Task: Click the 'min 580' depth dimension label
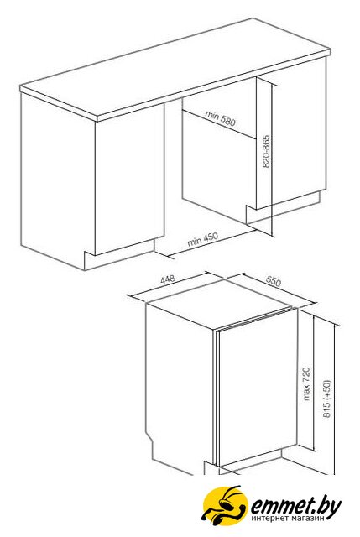(220, 117)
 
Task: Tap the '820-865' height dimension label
(267, 152)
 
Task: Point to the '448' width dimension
(168, 279)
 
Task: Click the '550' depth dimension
(274, 281)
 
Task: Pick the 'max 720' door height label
(305, 383)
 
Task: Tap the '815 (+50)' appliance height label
(327, 399)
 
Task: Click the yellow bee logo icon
(224, 505)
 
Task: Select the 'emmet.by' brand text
(296, 506)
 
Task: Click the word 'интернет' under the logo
(269, 519)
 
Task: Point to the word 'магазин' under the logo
(306, 519)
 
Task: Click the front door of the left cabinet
(129, 179)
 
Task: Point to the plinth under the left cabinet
(119, 255)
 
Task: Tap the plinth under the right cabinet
(284, 208)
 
